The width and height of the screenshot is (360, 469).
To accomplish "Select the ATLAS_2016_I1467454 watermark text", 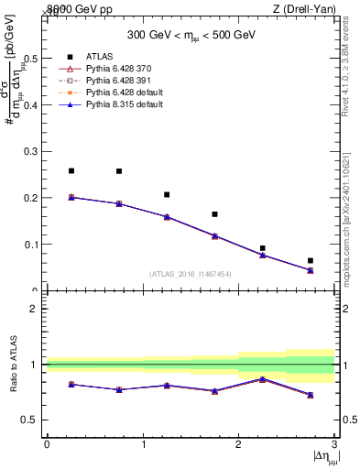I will (x=190, y=274).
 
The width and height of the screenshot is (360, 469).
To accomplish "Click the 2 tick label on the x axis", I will (x=238, y=444).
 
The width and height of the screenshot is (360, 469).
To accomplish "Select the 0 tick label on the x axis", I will (x=47, y=444).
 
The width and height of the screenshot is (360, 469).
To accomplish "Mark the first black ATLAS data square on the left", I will (x=71, y=170).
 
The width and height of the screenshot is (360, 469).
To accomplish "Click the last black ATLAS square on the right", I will (x=311, y=260).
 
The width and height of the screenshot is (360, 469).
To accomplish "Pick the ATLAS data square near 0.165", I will (x=214, y=214).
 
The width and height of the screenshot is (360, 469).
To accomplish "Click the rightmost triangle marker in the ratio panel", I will (x=311, y=395).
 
